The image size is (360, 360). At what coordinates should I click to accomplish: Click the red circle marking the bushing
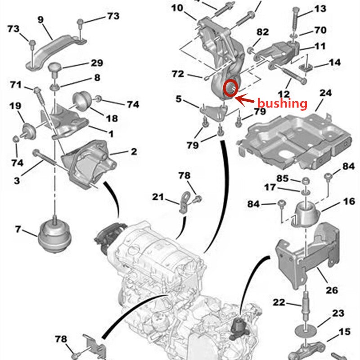(230, 87)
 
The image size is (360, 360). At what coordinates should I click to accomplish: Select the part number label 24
(325, 94)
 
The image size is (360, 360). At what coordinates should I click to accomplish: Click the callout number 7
(18, 229)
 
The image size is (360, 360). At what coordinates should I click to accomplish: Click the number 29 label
(97, 63)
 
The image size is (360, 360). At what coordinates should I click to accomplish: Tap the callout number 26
(332, 290)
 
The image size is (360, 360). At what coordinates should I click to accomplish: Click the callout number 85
(282, 178)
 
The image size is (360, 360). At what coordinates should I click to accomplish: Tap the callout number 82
(262, 32)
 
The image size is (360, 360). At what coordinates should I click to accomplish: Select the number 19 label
(15, 106)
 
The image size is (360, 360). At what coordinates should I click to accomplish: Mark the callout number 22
(279, 303)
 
